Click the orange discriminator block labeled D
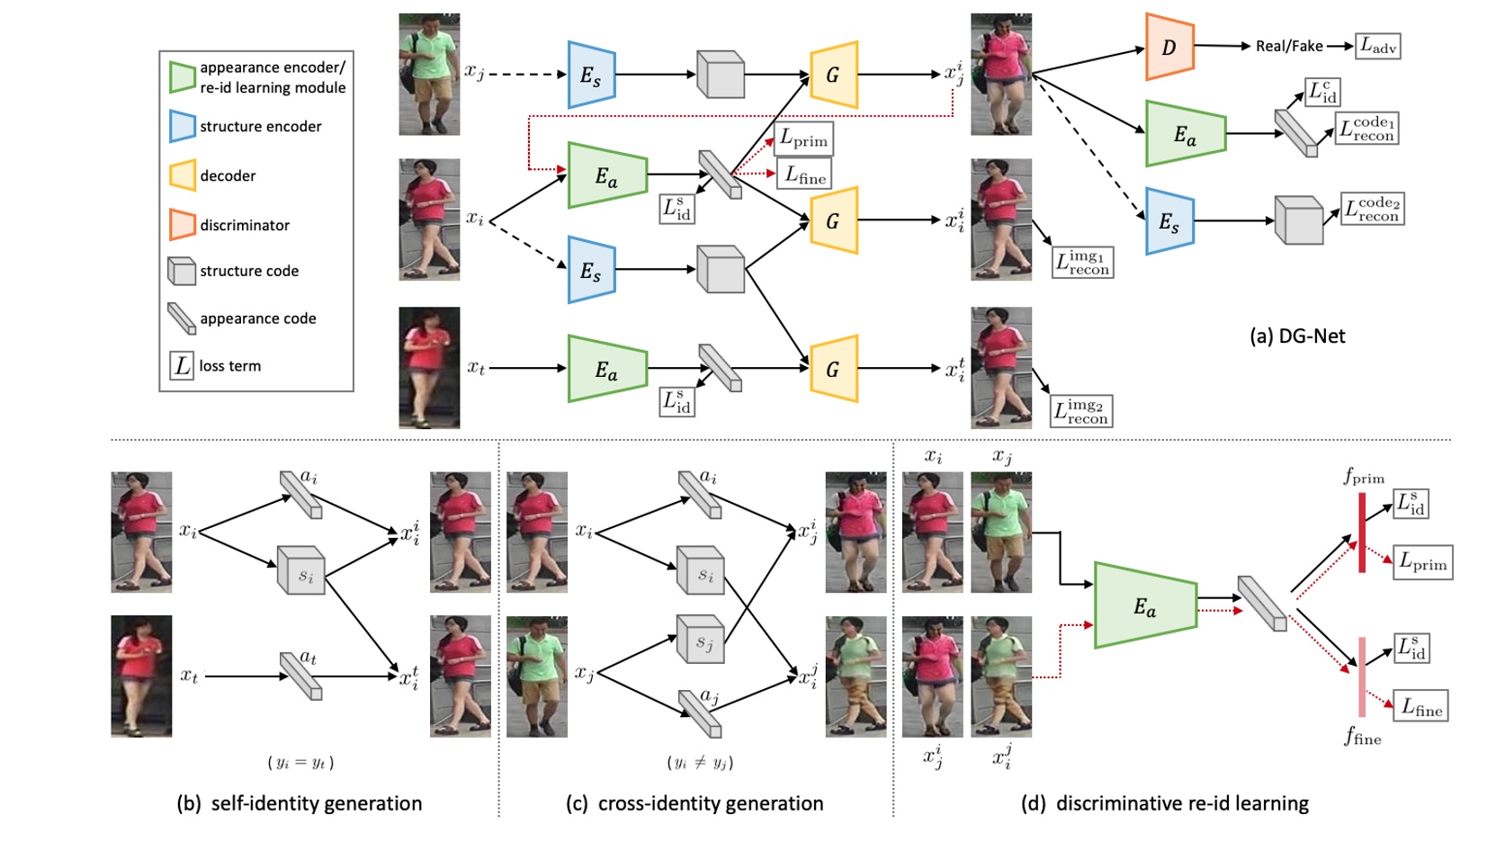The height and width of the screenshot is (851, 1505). [1169, 47]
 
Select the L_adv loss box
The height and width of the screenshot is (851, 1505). [1377, 46]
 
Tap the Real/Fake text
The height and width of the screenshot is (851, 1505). [1288, 46]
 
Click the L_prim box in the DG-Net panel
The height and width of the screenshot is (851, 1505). [803, 139]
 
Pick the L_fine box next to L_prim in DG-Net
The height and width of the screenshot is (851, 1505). [804, 175]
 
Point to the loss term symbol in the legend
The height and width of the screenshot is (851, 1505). [182, 365]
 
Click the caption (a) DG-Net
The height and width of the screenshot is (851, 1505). [1297, 336]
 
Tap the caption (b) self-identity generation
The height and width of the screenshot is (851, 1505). [300, 803]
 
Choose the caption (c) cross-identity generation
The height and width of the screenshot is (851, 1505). [694, 803]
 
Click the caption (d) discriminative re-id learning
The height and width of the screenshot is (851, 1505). [1165, 803]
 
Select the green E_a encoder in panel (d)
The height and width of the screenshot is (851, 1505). [1144, 605]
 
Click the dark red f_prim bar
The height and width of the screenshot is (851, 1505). [1362, 533]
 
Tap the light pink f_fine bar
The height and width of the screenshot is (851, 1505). [1362, 676]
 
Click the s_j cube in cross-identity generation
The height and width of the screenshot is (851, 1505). [700, 640]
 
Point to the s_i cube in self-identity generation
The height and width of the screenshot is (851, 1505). [300, 570]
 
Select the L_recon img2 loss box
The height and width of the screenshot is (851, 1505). [1082, 411]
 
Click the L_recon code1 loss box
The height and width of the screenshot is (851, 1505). [1367, 128]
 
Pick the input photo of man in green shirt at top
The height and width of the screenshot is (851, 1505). [429, 74]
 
